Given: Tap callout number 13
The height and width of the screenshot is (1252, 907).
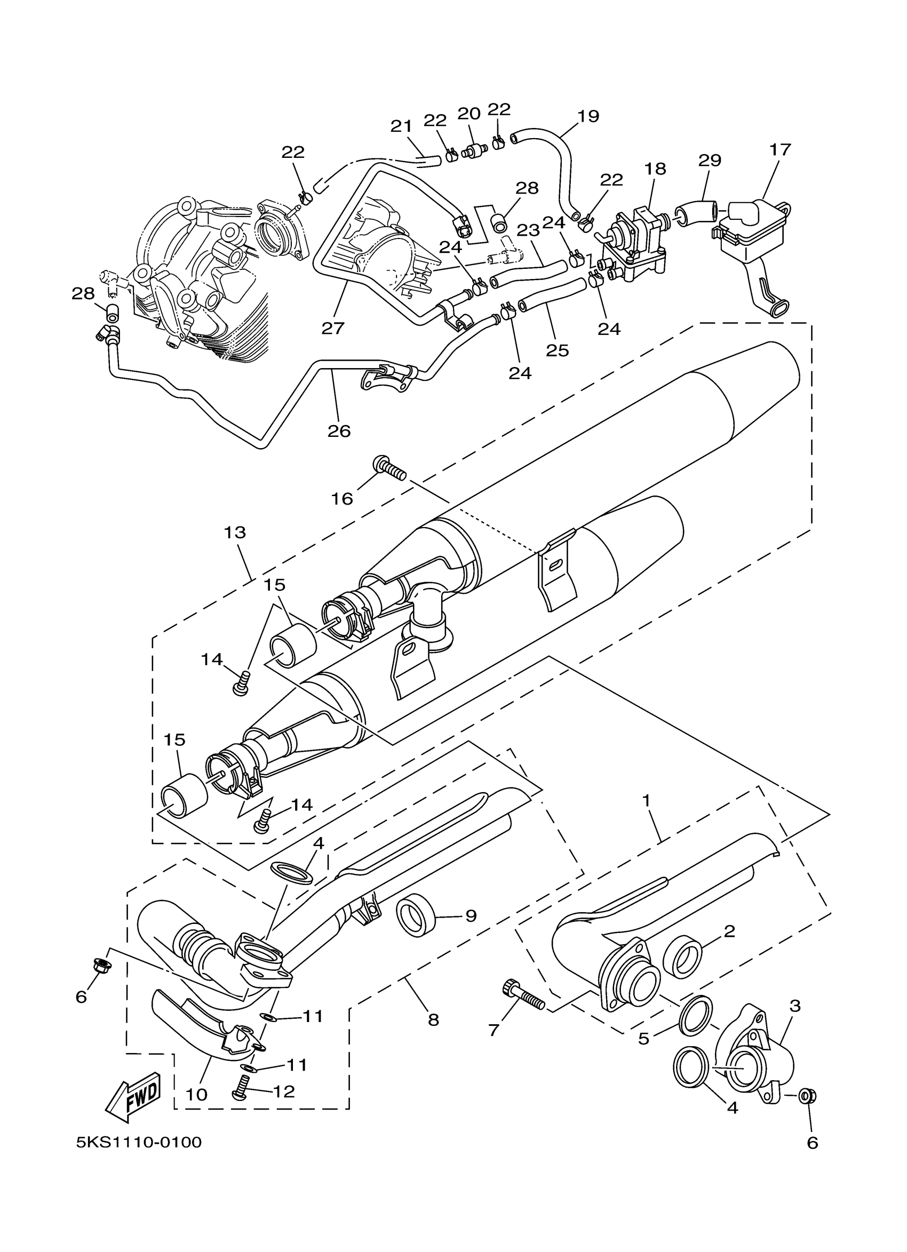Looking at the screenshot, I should pyautogui.click(x=235, y=533).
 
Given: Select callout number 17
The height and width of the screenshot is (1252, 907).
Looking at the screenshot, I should pyautogui.click(x=781, y=149).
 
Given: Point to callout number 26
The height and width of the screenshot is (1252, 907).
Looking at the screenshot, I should pyautogui.click(x=339, y=431).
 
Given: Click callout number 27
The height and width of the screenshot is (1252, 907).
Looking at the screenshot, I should pyautogui.click(x=333, y=329).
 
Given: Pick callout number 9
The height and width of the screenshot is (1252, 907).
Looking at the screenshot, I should pyautogui.click(x=471, y=916).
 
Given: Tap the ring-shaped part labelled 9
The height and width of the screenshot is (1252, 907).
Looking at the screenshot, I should pyautogui.click(x=416, y=917).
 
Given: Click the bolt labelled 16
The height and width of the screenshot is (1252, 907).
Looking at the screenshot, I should pyautogui.click(x=389, y=469).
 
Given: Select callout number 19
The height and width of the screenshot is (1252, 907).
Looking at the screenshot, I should pyautogui.click(x=588, y=116).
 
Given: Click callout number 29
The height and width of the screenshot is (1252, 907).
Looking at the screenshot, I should pyautogui.click(x=710, y=161).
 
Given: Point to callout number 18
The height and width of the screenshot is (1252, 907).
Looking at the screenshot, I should pyautogui.click(x=655, y=169).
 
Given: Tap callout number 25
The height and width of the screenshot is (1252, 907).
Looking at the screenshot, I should pyautogui.click(x=557, y=350).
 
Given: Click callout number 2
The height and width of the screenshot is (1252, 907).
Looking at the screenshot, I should pyautogui.click(x=729, y=931).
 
